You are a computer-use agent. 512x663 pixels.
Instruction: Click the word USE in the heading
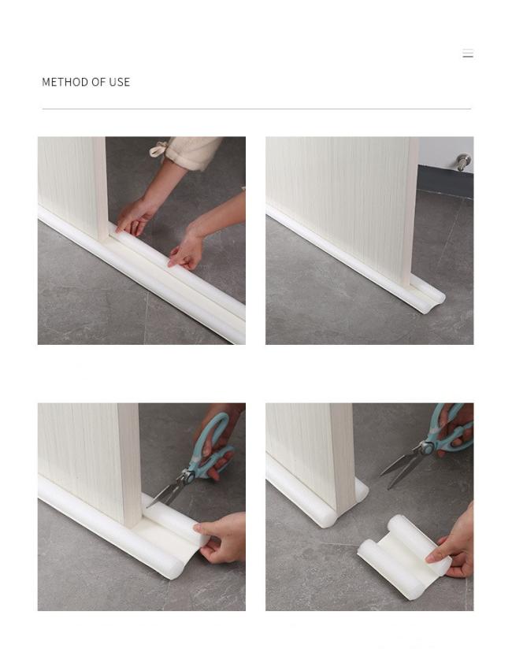pos(119,82)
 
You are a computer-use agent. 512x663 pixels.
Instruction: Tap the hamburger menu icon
pos(468,54)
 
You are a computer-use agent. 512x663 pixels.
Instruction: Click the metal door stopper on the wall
pos(463,162)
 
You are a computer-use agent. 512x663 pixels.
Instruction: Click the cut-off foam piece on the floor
pos(404,556)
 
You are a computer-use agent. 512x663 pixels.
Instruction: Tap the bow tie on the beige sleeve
pos(159,148)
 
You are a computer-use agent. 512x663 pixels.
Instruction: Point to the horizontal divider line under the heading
pos(257,109)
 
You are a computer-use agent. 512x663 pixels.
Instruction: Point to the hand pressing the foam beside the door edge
pos(135,216)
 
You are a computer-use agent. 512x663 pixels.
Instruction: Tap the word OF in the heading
pos(98,82)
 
